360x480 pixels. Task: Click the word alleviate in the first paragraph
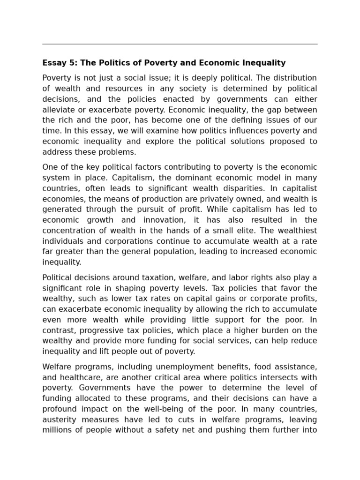click(x=58, y=110)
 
